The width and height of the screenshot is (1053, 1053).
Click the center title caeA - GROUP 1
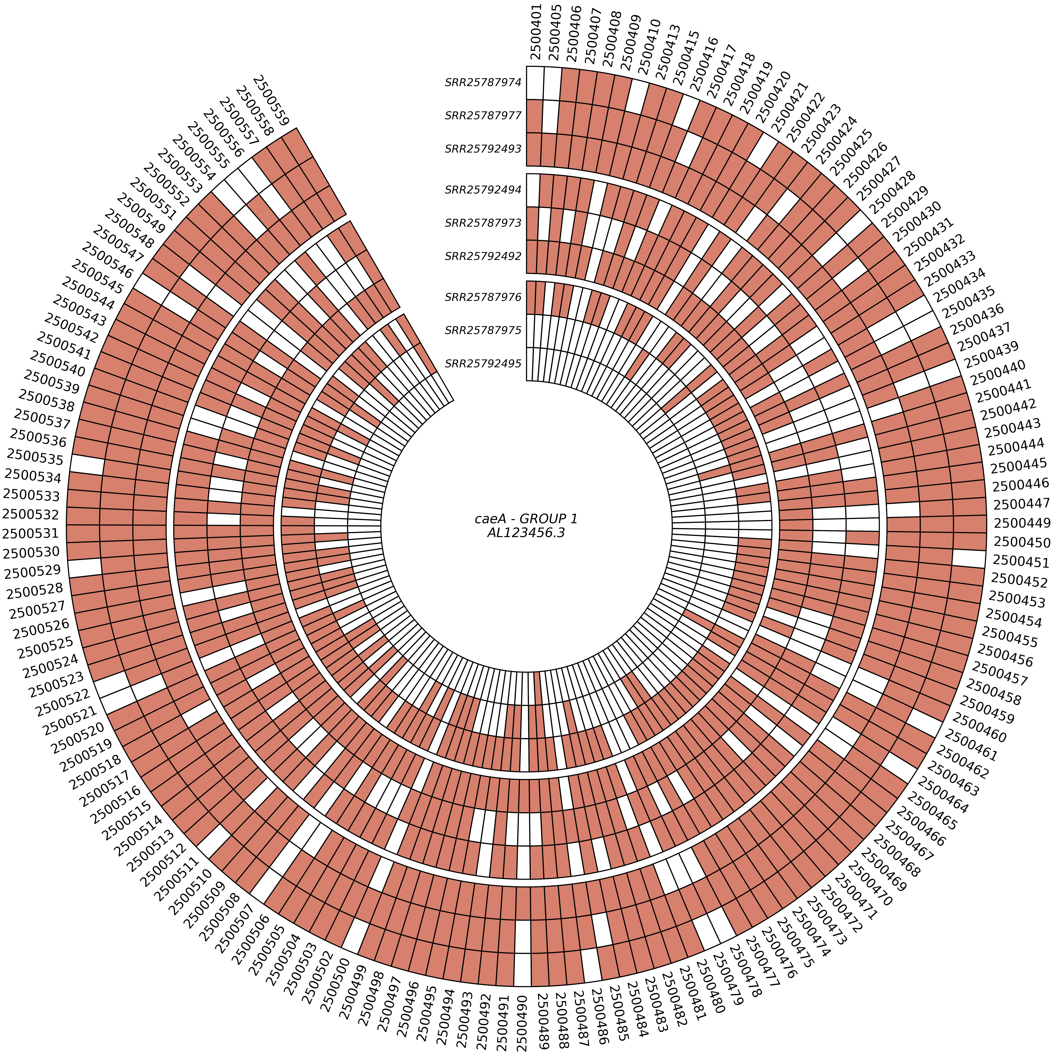pos(526,519)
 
